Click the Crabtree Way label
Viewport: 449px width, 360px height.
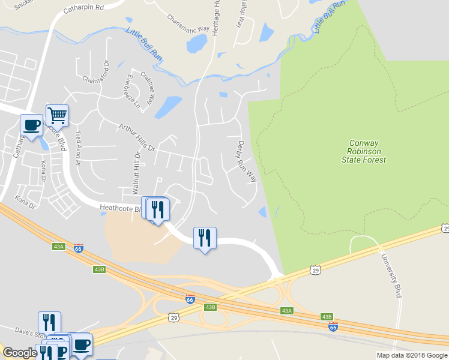[147, 86]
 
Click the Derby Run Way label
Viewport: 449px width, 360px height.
[247, 161]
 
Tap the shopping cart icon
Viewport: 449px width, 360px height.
[57, 114]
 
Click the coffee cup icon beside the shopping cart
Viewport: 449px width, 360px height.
[31, 125]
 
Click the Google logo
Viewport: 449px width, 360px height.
[20, 353]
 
